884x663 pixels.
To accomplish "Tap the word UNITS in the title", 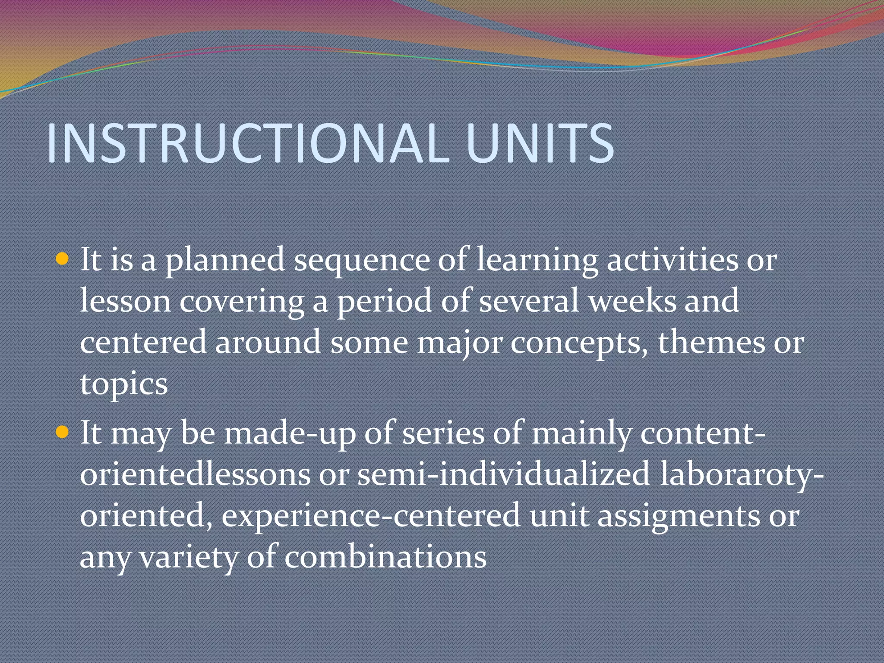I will [x=540, y=143].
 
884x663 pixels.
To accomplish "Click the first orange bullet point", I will [x=63, y=259].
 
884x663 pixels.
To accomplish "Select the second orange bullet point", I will [x=63, y=432].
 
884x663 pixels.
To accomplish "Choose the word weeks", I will [x=633, y=301].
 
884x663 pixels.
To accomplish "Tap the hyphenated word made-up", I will [x=289, y=433].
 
